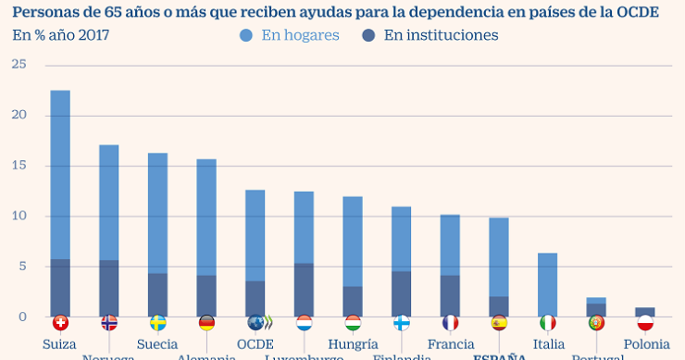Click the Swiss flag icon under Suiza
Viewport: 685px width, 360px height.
coord(60,323)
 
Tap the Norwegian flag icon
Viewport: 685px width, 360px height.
coord(109,323)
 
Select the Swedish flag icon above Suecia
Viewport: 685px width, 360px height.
coord(158,323)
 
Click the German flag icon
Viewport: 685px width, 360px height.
coord(206,323)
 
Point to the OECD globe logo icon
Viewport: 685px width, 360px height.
coord(255,323)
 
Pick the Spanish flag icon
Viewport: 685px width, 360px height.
coord(499,323)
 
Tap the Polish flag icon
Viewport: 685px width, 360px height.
coord(645,323)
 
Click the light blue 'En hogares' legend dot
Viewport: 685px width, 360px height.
coord(245,36)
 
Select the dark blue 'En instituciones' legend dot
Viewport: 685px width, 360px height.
coord(367,36)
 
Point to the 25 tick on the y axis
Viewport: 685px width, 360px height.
coord(19,65)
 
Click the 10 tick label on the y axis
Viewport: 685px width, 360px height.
coord(19,217)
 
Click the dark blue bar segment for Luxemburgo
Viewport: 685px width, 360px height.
coord(304,290)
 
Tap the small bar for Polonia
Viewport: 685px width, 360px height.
coord(645,312)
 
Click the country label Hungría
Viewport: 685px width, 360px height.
coord(353,344)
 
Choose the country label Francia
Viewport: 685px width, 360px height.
coord(451,344)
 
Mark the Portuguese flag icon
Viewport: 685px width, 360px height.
coord(596,323)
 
